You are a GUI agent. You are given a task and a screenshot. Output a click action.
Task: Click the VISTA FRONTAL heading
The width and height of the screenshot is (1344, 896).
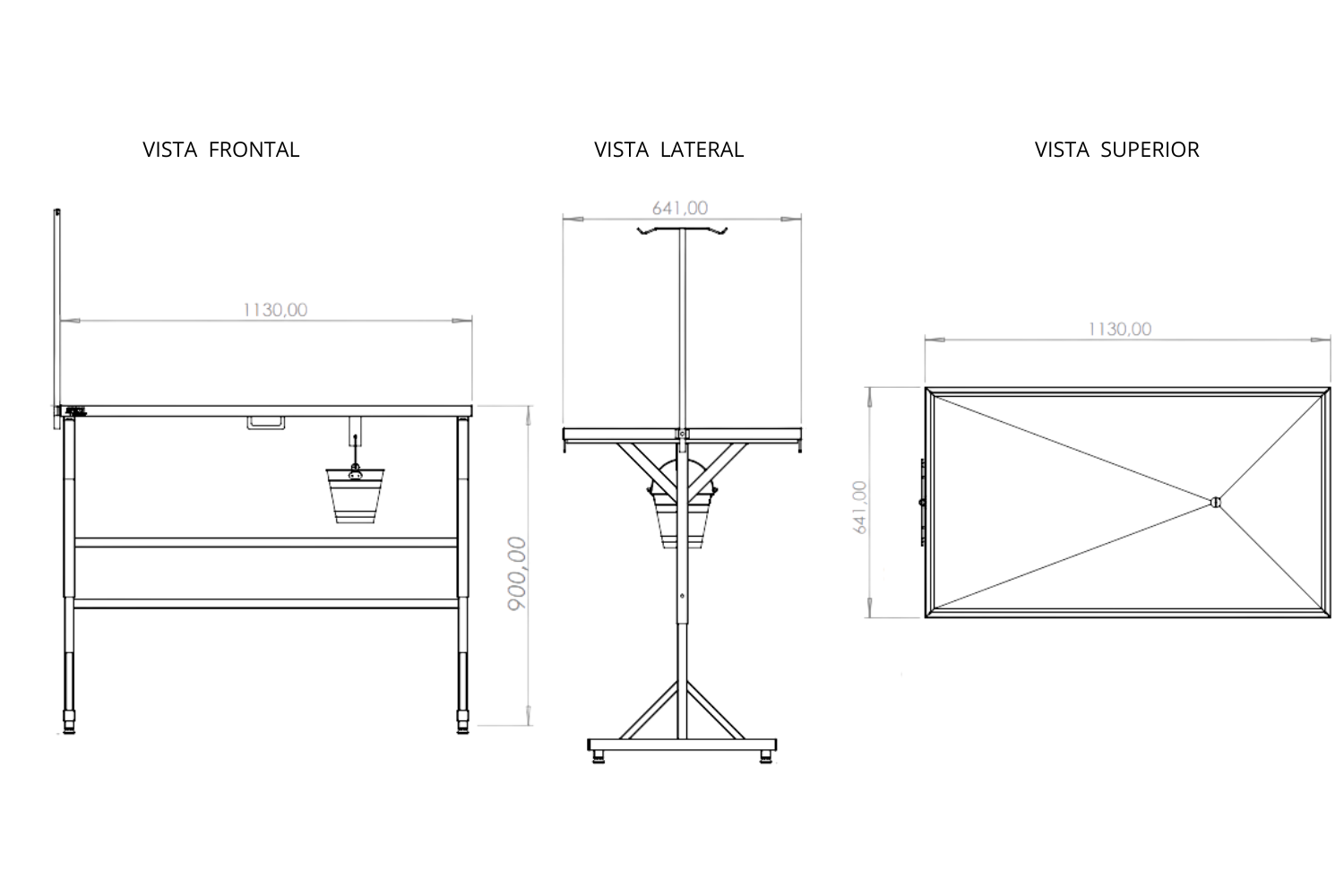point(220,150)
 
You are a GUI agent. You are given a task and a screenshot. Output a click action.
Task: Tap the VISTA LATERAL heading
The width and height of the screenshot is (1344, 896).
point(669,150)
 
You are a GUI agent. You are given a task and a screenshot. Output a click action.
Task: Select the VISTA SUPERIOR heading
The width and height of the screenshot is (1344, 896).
point(1116,150)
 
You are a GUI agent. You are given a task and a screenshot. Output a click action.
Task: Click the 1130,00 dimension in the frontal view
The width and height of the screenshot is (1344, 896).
point(275,310)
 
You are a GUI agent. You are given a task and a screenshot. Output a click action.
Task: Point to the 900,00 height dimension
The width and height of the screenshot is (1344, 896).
point(517,573)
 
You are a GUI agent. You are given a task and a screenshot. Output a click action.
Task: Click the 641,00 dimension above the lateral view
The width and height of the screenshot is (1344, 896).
point(680,208)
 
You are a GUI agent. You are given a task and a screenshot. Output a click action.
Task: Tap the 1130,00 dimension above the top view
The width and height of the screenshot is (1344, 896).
point(1120,329)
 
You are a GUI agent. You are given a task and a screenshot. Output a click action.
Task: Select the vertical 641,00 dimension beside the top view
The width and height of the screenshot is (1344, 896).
point(860,507)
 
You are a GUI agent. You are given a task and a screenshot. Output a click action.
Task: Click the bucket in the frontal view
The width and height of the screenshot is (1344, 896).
point(355,495)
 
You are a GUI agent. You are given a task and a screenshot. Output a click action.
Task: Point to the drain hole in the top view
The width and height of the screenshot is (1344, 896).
point(1216,503)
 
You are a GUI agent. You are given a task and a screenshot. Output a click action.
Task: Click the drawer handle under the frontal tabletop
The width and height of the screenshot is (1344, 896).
point(266,423)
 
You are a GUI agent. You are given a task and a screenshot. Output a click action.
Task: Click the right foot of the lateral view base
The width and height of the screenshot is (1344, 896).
point(766,757)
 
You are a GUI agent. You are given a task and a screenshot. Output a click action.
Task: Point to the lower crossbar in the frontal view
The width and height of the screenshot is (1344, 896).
point(266,603)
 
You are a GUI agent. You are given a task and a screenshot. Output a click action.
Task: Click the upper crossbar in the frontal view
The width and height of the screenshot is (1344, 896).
point(266,542)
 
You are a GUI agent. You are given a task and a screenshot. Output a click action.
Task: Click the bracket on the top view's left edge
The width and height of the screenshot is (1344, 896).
point(923,503)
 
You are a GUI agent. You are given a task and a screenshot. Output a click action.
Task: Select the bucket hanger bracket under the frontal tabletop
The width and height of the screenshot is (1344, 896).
point(355,432)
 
